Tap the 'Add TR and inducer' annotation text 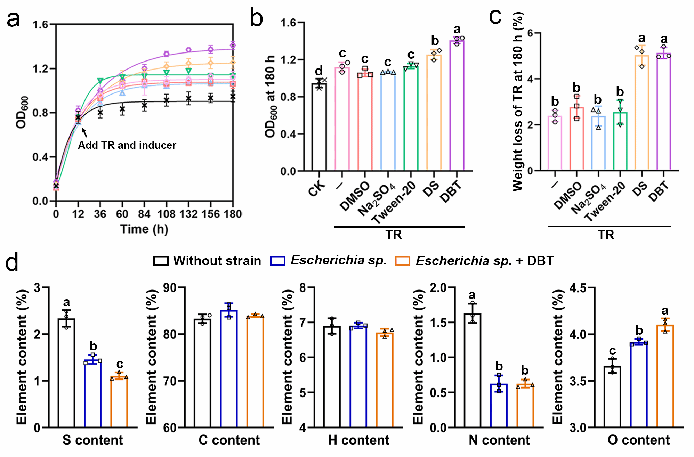point(127,145)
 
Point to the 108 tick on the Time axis point(166,214)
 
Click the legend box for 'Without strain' point(161,261)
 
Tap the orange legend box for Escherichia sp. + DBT point(402,261)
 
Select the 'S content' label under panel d point(92,440)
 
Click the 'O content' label point(638,440)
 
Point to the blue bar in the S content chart point(93,394)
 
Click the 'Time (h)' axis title point(144,229)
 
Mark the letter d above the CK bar point(319,71)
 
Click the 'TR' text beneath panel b point(393,235)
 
